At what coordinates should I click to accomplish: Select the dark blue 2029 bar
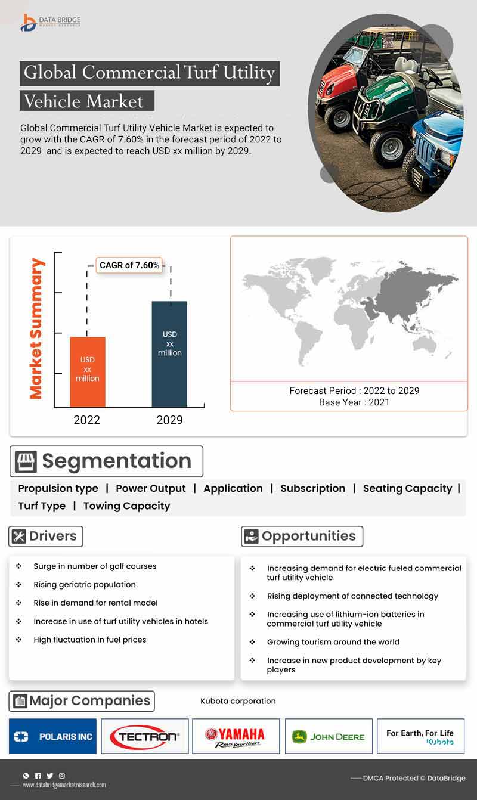click(169, 354)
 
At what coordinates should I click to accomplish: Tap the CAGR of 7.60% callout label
click(129, 265)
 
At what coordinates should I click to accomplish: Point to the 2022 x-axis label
click(86, 420)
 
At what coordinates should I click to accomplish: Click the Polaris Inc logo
click(53, 736)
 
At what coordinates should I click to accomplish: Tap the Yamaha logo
click(236, 736)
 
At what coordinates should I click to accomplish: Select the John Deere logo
click(329, 736)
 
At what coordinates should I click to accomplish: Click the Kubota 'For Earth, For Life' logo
click(420, 736)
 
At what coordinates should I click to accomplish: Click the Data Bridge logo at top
click(50, 23)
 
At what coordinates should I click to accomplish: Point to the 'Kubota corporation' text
click(238, 701)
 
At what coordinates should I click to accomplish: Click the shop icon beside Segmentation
click(26, 461)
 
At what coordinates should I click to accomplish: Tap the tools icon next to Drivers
click(19, 537)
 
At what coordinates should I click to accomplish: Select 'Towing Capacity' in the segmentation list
click(126, 506)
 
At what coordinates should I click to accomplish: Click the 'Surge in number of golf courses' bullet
click(95, 566)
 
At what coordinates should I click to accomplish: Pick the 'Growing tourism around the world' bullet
click(333, 642)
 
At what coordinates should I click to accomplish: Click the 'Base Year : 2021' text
click(354, 402)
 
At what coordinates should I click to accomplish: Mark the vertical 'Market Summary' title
click(36, 328)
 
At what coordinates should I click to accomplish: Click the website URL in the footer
click(64, 785)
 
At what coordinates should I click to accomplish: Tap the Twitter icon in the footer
click(50, 776)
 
